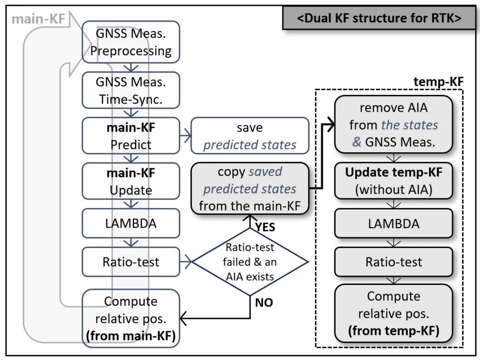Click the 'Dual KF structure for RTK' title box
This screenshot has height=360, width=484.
[x=379, y=18]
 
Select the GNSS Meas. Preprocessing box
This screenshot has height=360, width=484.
[x=131, y=42]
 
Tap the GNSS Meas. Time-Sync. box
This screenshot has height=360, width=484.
[x=131, y=90]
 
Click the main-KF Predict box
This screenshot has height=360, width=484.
[x=131, y=136]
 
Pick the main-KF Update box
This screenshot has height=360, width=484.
[x=131, y=181]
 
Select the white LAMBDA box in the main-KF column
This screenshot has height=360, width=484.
[x=131, y=223]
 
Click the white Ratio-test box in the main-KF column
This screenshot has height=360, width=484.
[x=131, y=261]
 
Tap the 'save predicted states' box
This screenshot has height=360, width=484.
[x=250, y=136]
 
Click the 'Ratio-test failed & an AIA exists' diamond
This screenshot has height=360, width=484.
[x=250, y=262]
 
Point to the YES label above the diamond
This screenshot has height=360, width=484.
[x=265, y=227]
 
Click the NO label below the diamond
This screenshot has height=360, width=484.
[x=264, y=303]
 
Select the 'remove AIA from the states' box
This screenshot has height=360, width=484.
[x=394, y=124]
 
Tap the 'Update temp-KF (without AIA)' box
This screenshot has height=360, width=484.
[x=394, y=180]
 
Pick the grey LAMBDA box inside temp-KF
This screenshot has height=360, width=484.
[x=394, y=223]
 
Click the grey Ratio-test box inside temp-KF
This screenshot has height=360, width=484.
[x=394, y=261]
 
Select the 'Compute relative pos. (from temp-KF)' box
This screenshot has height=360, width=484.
[x=394, y=313]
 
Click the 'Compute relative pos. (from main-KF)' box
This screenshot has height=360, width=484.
[x=131, y=318]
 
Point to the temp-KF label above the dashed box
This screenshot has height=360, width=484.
[x=438, y=82]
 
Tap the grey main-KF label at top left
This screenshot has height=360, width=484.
[x=38, y=19]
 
